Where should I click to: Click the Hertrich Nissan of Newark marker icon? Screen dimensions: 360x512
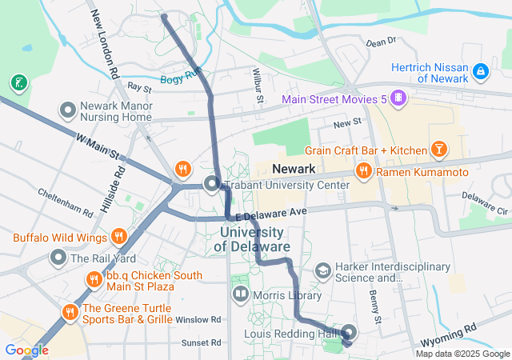(480, 71)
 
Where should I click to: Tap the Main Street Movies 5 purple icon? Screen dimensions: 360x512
(398, 99)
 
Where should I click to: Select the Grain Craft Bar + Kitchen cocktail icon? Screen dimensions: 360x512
(438, 150)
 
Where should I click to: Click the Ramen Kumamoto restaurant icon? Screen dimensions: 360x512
(363, 170)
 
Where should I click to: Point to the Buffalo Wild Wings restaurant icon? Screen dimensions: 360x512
(118, 236)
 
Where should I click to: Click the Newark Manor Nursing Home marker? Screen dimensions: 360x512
(68, 108)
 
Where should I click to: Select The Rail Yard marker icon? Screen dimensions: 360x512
(58, 258)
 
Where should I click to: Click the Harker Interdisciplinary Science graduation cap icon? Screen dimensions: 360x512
(322, 271)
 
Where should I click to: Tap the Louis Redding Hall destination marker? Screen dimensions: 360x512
(350, 333)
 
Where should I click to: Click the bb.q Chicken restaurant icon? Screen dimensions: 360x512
(94, 279)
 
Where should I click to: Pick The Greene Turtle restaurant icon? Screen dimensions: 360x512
(70, 310)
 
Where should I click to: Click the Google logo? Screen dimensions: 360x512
(26, 350)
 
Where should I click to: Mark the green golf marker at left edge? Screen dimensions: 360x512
(18, 82)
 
